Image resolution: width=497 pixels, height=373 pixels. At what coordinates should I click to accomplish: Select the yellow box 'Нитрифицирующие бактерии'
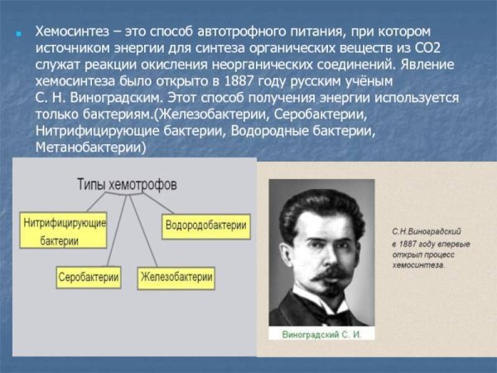coord(63,231)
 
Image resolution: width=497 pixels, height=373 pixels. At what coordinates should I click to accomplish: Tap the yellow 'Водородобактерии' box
coord(205,225)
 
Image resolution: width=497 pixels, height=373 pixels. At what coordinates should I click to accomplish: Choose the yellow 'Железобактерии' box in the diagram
coord(176,276)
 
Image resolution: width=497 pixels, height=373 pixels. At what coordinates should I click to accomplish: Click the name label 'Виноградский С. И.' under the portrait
coord(323,333)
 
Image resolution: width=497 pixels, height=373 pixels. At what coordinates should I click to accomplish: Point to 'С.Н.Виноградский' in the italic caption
coord(426,233)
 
